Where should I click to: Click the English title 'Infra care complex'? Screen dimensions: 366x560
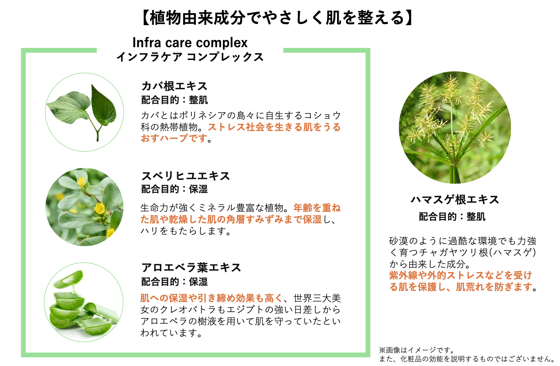pyautogui.click(x=190, y=42)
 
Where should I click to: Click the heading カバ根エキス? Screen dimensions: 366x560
pyautogui.click(x=174, y=86)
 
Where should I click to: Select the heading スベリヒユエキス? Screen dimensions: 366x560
pyautogui.click(x=185, y=176)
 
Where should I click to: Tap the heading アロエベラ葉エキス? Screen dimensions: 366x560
pyautogui.click(x=191, y=267)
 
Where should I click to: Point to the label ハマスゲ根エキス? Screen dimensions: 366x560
pyautogui.click(x=455, y=199)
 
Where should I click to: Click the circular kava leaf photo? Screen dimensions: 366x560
pyautogui.click(x=85, y=112)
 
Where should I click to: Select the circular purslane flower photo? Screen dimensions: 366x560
pyautogui.click(x=85, y=207)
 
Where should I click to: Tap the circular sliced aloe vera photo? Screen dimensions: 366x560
pyautogui.click(x=84, y=302)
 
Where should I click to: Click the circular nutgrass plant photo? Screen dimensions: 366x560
pyautogui.click(x=455, y=128)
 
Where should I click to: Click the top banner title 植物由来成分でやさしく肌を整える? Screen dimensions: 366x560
pyautogui.click(x=277, y=18)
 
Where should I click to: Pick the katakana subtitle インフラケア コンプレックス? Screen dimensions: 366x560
pyautogui.click(x=190, y=57)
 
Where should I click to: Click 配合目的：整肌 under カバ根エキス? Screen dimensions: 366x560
pyautogui.click(x=174, y=100)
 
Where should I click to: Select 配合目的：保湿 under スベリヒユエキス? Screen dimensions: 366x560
pyautogui.click(x=174, y=189)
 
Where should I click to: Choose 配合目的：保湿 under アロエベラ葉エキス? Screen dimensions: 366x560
pyautogui.click(x=174, y=282)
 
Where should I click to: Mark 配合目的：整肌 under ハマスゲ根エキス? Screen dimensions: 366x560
pyautogui.click(x=452, y=217)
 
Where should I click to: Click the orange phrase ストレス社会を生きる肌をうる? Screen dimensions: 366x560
pyautogui.click(x=274, y=127)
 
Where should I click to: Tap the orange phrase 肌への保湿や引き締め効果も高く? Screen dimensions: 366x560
pyautogui.click(x=211, y=298)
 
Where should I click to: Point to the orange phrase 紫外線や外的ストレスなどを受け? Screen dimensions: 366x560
pyautogui.click(x=461, y=275)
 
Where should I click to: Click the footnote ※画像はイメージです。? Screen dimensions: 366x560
pyautogui.click(x=417, y=350)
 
